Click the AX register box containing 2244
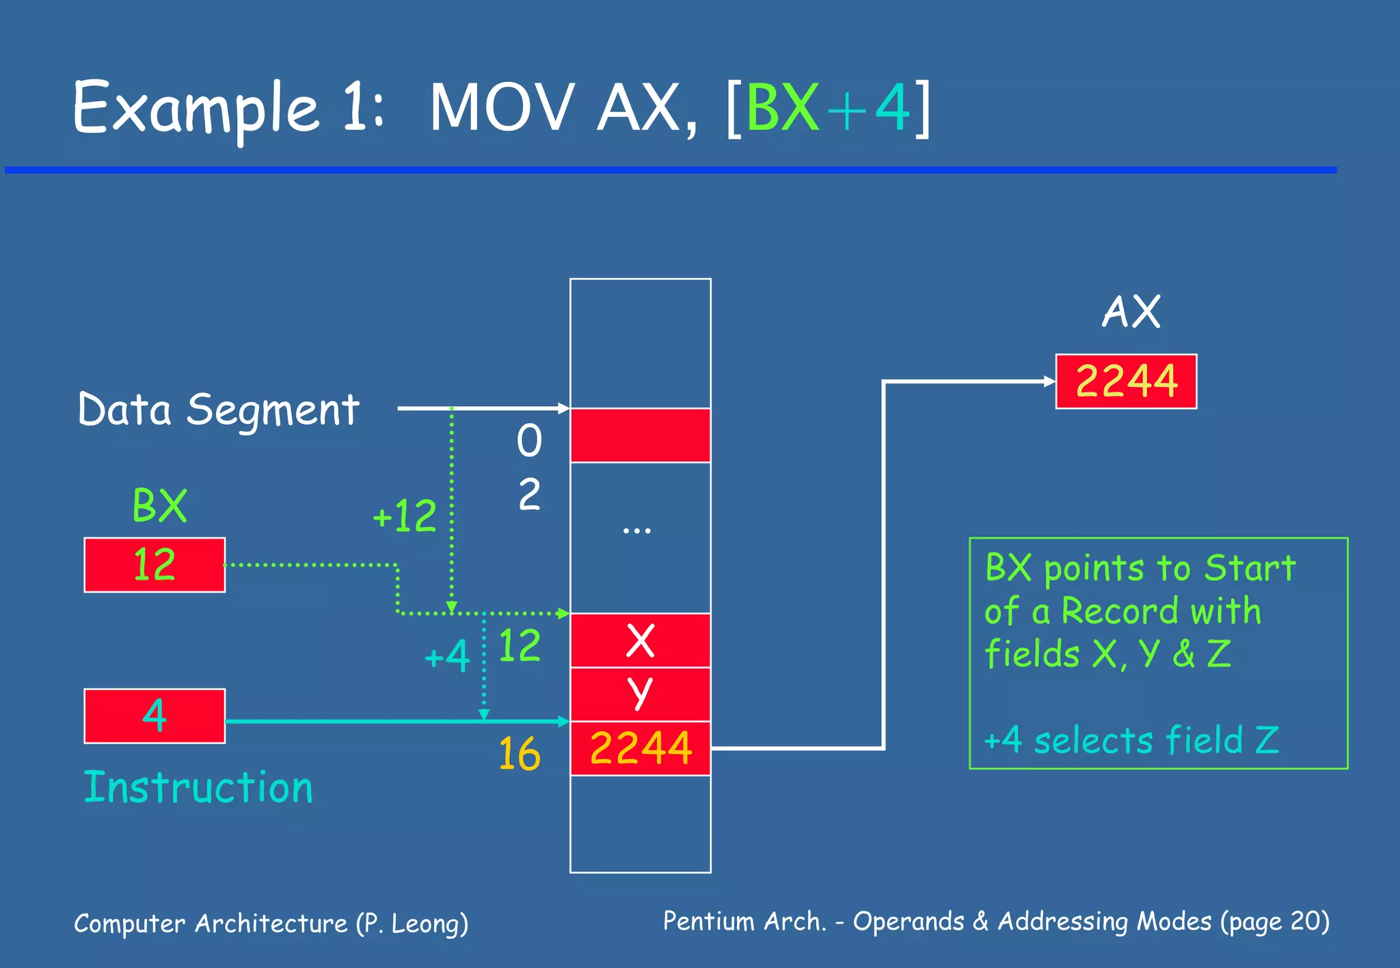click(x=1126, y=381)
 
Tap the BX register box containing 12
click(x=154, y=565)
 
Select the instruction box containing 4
click(x=154, y=716)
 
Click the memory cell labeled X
click(x=640, y=641)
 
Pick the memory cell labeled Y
click(x=640, y=694)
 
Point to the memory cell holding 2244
click(x=640, y=748)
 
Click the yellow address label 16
click(x=519, y=755)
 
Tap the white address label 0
click(x=529, y=441)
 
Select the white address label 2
click(x=529, y=494)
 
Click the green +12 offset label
click(x=405, y=516)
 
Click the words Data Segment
click(x=219, y=410)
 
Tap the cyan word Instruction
click(x=198, y=788)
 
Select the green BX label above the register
click(x=159, y=507)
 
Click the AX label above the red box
click(x=1131, y=312)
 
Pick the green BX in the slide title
click(x=782, y=108)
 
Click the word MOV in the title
click(x=501, y=108)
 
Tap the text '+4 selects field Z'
click(x=1131, y=740)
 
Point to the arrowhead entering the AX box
click(x=1050, y=381)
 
